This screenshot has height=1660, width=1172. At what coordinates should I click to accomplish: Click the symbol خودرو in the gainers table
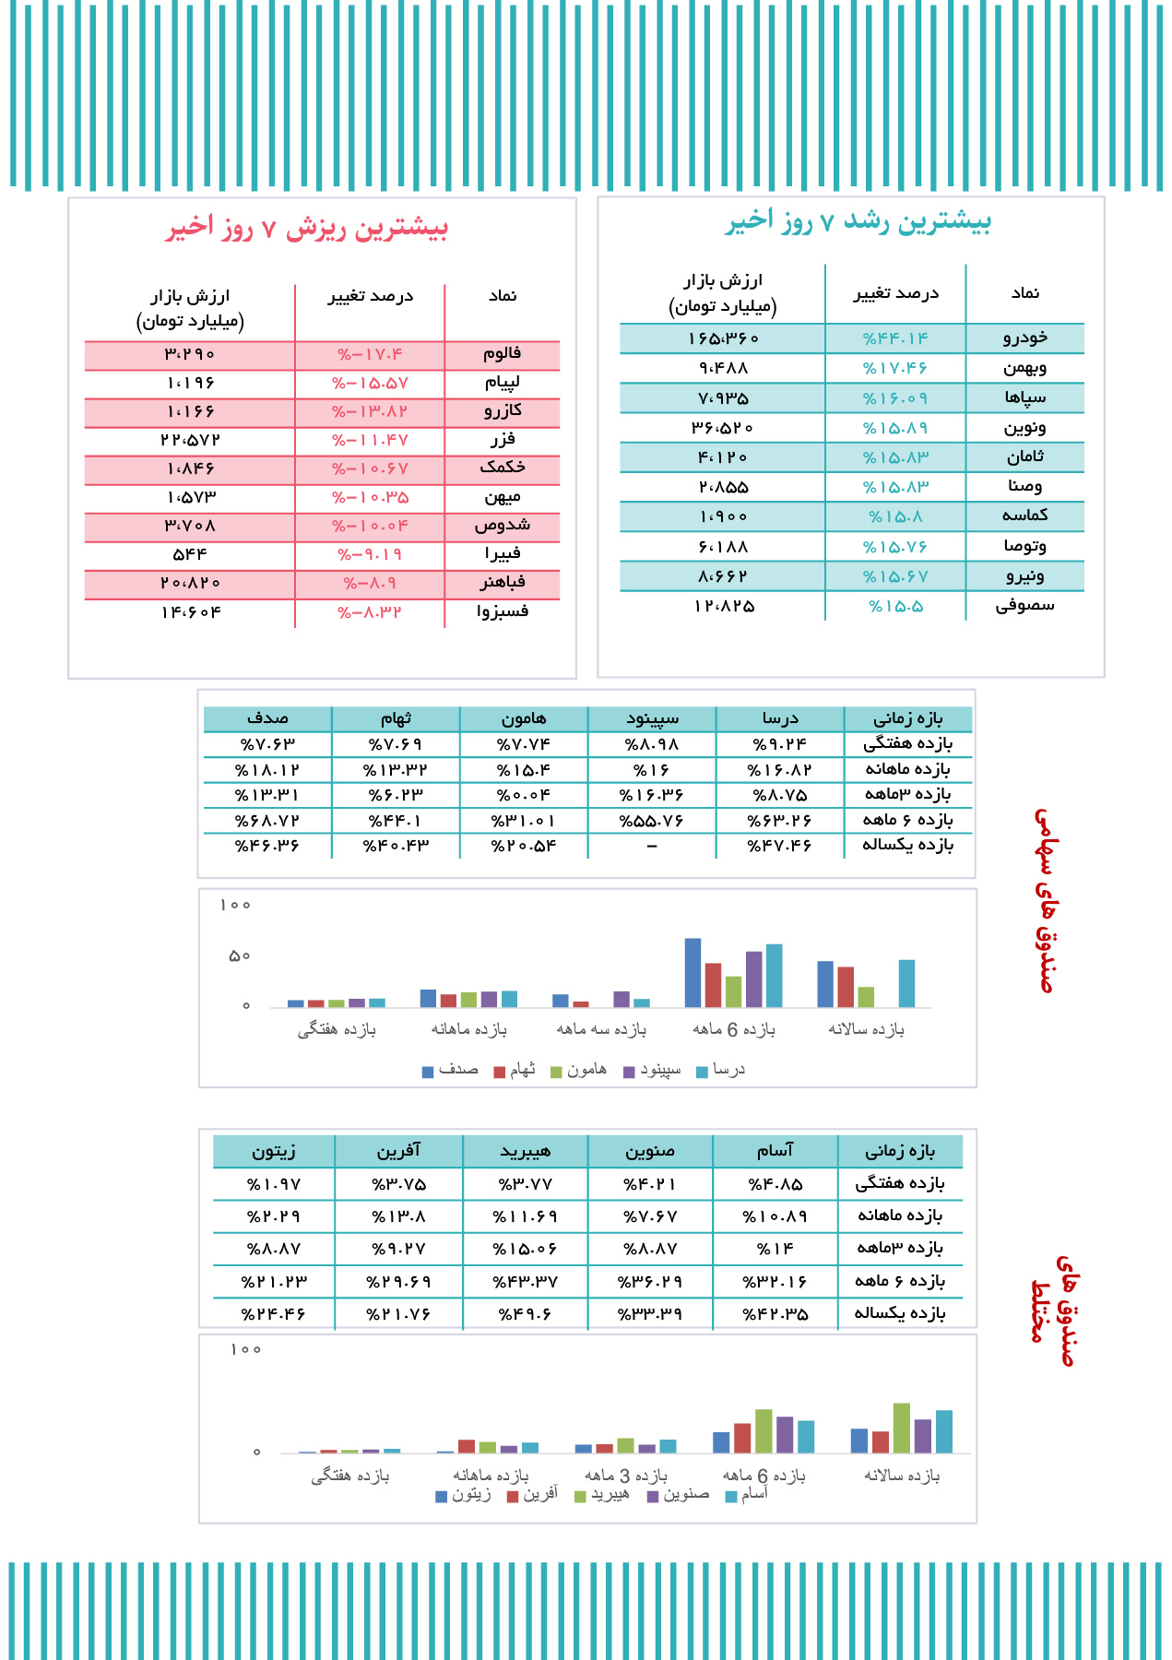click(1024, 338)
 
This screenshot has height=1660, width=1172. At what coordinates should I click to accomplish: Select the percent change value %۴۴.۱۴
click(895, 338)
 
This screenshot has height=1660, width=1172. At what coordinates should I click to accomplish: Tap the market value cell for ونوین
click(723, 428)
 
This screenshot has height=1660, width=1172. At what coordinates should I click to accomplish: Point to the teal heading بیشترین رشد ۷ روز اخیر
click(858, 222)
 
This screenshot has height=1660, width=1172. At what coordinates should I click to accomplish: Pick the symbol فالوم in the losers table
click(502, 354)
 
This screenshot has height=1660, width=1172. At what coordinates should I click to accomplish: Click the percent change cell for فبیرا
click(370, 555)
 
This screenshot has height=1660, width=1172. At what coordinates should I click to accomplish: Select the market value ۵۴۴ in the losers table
click(190, 555)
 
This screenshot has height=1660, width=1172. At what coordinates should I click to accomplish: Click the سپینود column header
click(652, 719)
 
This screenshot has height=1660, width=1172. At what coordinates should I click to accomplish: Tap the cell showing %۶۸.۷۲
click(267, 821)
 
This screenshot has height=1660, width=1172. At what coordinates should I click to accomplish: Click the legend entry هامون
click(579, 1071)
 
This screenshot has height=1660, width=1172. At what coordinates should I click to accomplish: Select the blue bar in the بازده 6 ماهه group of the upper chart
click(693, 972)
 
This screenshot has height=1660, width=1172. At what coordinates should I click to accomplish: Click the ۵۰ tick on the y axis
click(240, 956)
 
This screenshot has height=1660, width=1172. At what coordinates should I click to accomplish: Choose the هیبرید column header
click(526, 1152)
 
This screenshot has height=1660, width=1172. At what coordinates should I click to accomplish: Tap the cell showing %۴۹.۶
click(526, 1314)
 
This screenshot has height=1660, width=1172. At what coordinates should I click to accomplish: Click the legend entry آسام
click(747, 1495)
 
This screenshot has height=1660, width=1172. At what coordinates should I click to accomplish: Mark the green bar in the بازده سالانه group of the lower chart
click(901, 1428)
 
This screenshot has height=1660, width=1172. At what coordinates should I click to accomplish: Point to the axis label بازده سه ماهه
click(601, 1030)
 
